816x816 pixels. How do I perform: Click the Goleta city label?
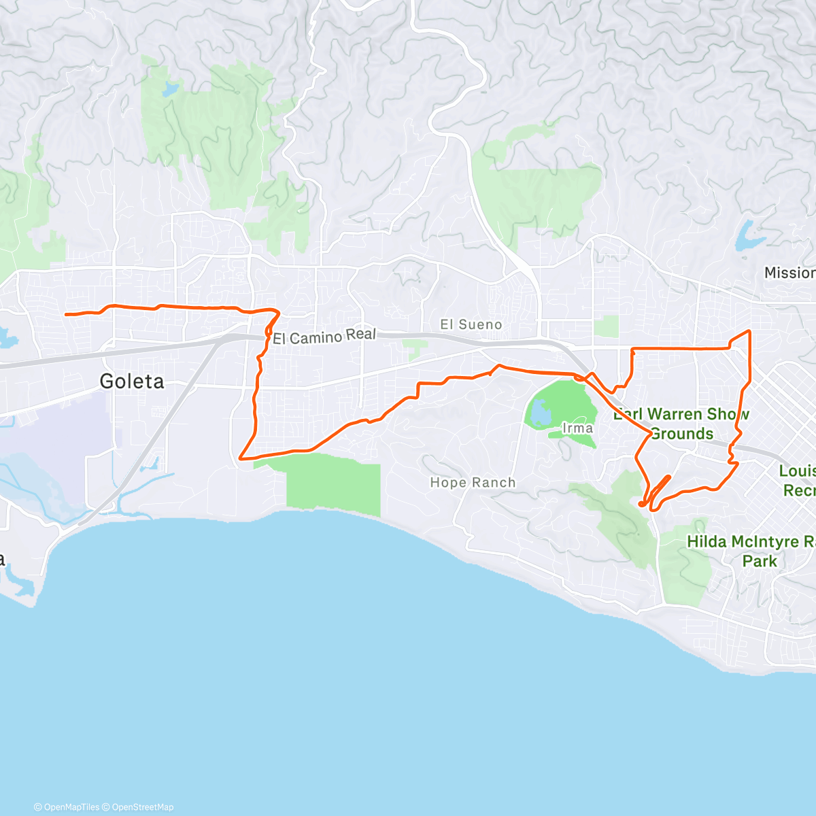tap(132, 381)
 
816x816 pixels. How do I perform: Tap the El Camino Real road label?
tap(324, 336)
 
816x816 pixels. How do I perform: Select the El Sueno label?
tap(471, 324)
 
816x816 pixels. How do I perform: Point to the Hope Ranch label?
tap(473, 483)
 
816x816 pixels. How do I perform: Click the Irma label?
tap(577, 428)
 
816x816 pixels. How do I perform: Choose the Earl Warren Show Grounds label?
tap(681, 424)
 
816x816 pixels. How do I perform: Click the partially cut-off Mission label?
tap(789, 273)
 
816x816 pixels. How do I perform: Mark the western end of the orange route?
tap(66, 314)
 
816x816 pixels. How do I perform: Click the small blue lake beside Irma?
tap(539, 411)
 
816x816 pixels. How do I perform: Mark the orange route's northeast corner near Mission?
tap(749, 331)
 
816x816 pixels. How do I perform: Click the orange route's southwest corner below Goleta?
tap(241, 458)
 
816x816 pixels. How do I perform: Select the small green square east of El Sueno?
tap(606, 326)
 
